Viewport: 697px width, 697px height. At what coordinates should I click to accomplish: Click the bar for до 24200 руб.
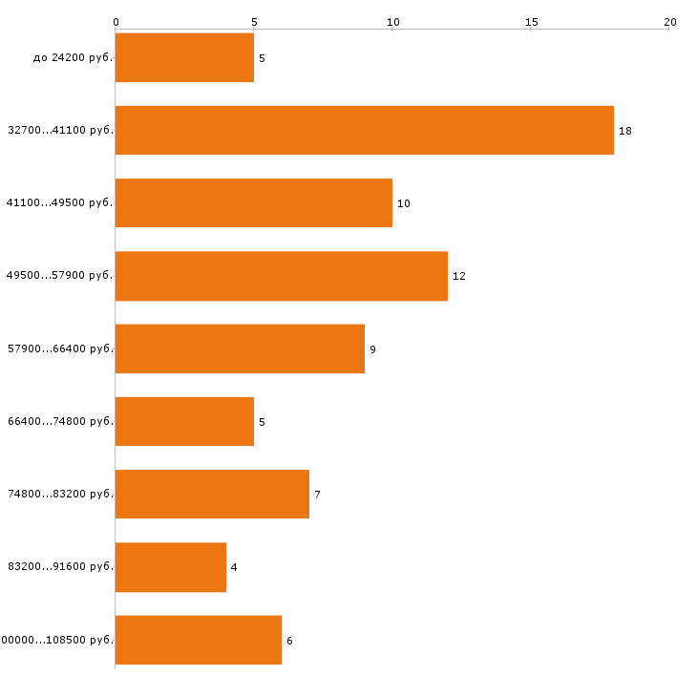coord(184,57)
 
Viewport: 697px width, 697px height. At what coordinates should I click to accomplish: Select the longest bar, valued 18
coord(364,130)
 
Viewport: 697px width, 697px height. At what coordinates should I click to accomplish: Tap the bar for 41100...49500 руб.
coord(253,202)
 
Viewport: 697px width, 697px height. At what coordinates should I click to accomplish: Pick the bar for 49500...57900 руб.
coord(281,276)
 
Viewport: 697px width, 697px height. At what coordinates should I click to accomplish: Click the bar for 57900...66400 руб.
coord(240,348)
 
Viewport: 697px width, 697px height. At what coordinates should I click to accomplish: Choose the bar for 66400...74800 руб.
coord(184,421)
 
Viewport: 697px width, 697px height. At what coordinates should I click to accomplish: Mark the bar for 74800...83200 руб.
coord(212,494)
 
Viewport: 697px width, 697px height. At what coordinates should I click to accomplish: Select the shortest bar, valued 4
coord(170,567)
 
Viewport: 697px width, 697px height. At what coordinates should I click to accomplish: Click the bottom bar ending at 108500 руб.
coord(198,640)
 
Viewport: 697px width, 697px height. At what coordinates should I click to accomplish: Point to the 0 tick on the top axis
coord(116,21)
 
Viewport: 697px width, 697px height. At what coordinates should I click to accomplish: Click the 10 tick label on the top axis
coord(392,21)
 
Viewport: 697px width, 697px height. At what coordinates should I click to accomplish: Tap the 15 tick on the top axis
coord(531,21)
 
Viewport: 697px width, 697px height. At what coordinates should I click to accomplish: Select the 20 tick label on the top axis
coord(670,21)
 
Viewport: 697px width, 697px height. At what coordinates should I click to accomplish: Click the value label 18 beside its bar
coord(625,131)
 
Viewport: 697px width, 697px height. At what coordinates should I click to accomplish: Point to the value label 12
coord(459,276)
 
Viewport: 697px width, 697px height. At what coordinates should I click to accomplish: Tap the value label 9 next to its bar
coord(373,349)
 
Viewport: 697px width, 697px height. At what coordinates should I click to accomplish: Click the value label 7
coord(317,495)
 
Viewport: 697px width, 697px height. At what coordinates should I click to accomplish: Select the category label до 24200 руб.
coord(73,57)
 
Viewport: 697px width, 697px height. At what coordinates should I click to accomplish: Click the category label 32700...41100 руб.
coord(60,130)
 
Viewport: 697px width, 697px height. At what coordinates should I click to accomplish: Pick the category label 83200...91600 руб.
coord(60,566)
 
